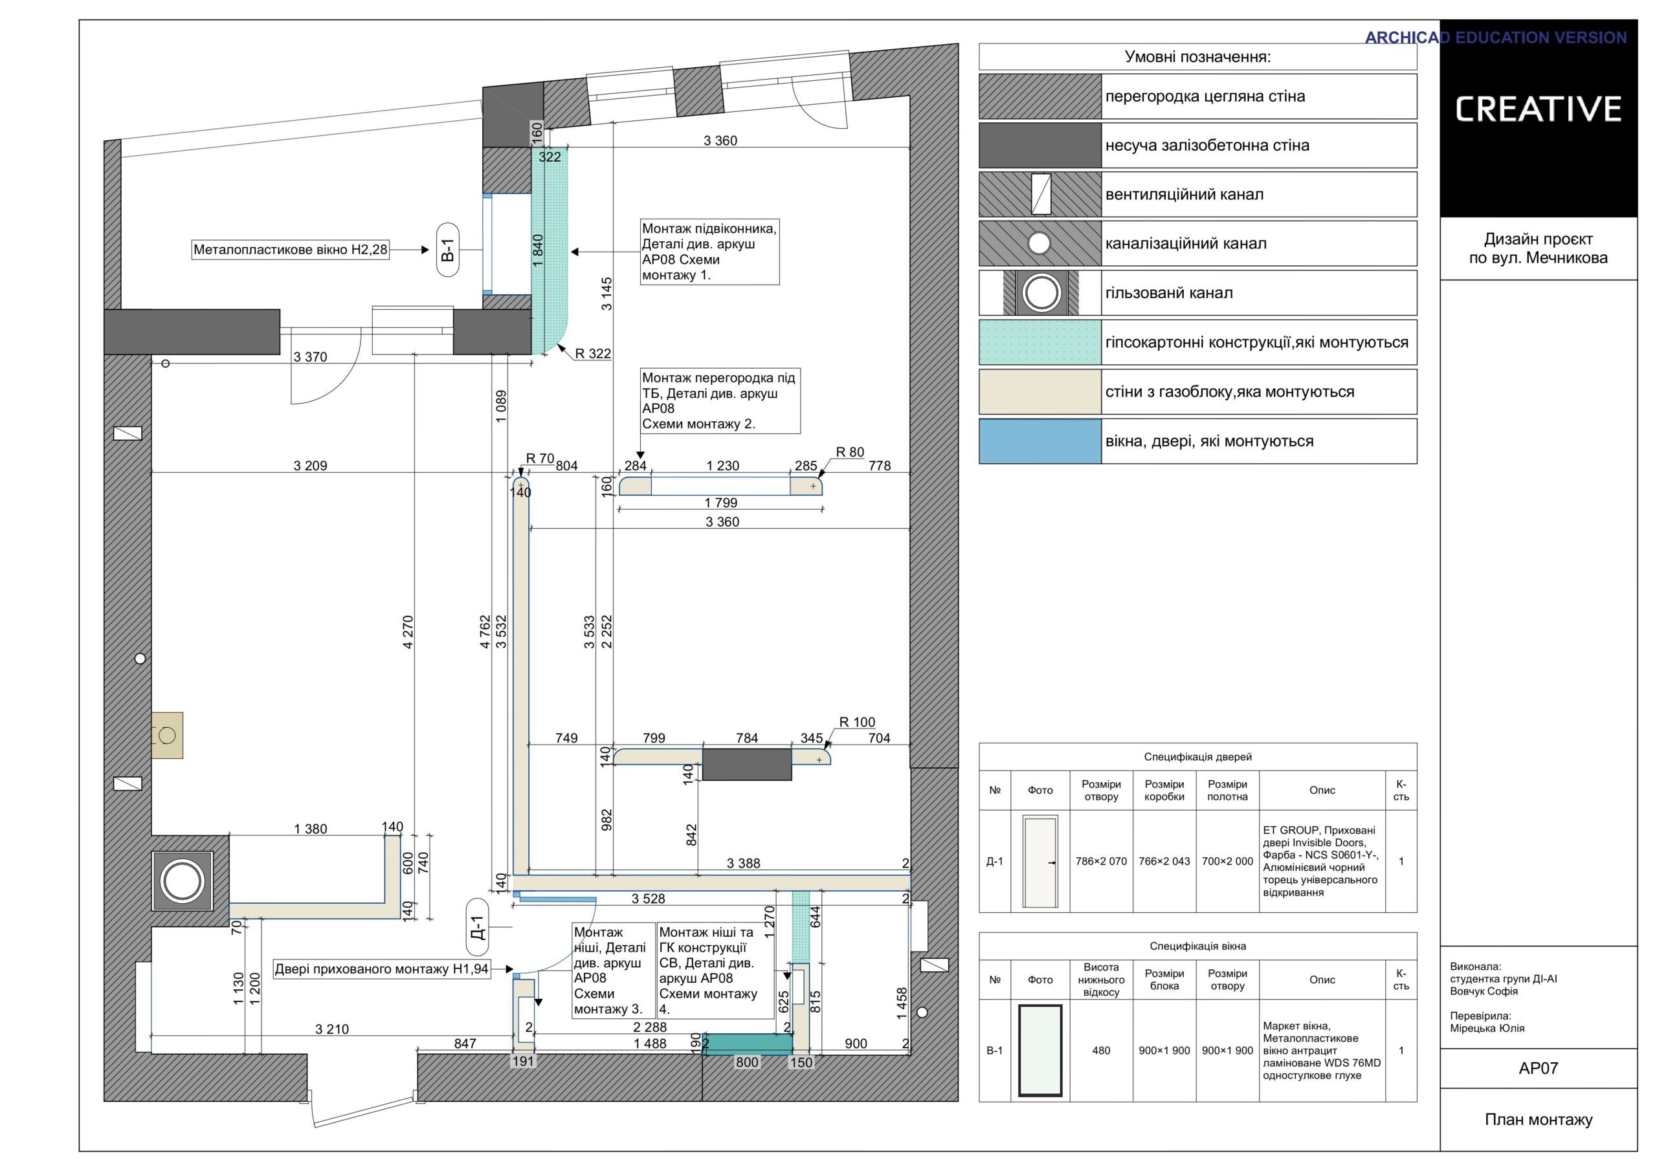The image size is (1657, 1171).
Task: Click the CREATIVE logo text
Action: (x=1538, y=109)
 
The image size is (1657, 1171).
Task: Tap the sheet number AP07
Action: (x=1538, y=1068)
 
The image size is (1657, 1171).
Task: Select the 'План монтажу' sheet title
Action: (x=1538, y=1119)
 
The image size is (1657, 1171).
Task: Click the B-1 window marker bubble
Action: (x=447, y=250)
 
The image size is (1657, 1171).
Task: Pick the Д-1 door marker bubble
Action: (x=477, y=925)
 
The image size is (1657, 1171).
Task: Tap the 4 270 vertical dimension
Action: (x=408, y=632)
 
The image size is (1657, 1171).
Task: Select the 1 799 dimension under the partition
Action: (x=721, y=503)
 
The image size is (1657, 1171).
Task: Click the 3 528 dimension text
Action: (x=648, y=899)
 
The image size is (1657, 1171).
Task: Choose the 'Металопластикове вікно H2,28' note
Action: (x=291, y=250)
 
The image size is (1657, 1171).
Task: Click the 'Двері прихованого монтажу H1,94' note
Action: (x=382, y=969)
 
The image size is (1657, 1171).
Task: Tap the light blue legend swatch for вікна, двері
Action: (x=1040, y=441)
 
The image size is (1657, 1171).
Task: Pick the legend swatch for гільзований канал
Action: (x=1040, y=293)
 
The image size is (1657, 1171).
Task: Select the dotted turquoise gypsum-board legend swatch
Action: (x=1040, y=342)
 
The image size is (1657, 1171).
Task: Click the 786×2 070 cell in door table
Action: (x=1100, y=862)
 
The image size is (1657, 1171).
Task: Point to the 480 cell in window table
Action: (x=1100, y=1051)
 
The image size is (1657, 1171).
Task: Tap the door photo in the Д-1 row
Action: (x=1040, y=862)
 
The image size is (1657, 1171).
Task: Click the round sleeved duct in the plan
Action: (x=182, y=881)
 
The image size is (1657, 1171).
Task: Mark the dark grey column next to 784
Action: (x=747, y=764)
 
